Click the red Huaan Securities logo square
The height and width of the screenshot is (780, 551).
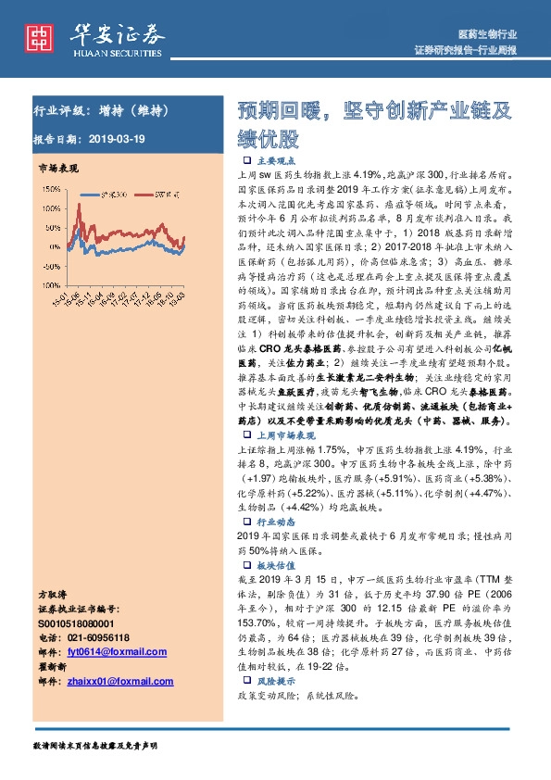(38, 35)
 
